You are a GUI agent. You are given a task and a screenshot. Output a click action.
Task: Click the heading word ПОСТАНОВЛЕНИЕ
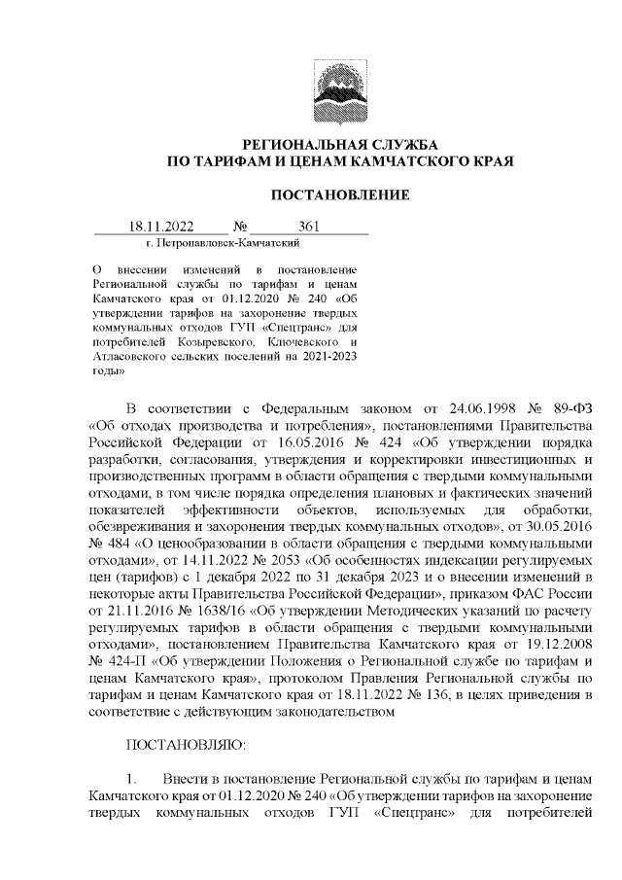click(339, 195)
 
